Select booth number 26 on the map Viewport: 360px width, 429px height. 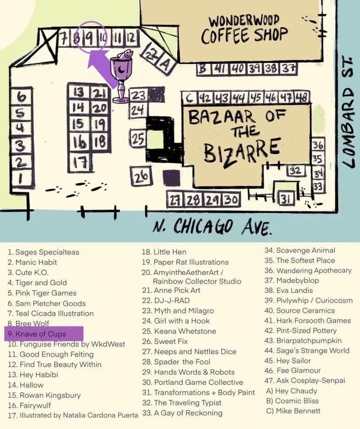point(142,175)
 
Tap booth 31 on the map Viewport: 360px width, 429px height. point(286,199)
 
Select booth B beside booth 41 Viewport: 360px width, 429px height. point(202,69)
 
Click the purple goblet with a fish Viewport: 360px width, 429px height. point(122,76)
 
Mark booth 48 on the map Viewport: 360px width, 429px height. point(301,98)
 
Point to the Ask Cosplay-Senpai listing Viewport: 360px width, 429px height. point(311,380)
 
